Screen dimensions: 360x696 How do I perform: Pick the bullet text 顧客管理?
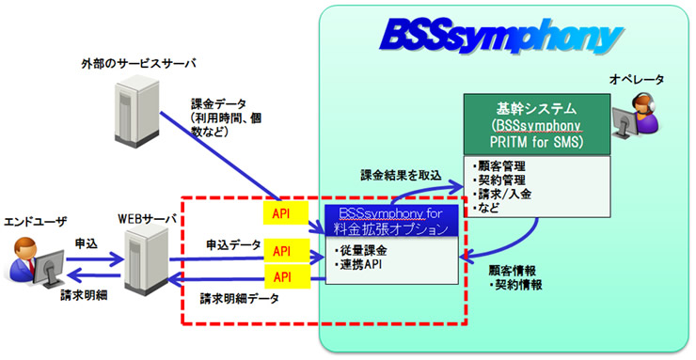pos(499,164)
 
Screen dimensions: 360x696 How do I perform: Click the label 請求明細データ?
pos(239,300)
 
